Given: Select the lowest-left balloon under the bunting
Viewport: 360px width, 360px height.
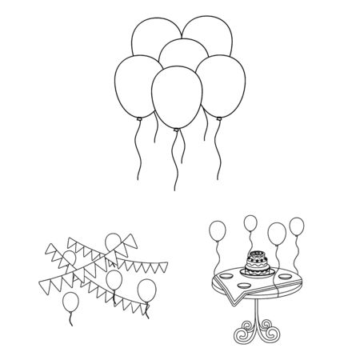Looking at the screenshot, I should [72, 302].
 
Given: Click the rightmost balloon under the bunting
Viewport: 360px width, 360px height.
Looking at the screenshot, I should [147, 290].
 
